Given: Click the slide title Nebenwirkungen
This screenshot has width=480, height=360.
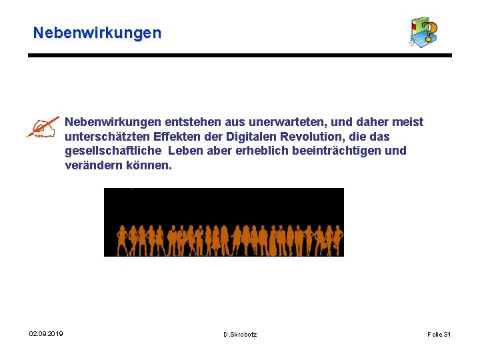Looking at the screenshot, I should [x=97, y=33].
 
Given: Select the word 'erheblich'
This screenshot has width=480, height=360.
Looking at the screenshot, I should [x=256, y=151].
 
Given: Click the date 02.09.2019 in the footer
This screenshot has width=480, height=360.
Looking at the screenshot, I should [x=46, y=333].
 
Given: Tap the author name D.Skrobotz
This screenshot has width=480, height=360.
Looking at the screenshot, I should [x=240, y=334].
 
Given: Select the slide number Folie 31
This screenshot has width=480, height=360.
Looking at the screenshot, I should [x=439, y=334].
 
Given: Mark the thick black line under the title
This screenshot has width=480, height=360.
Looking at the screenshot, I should [x=240, y=55].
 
